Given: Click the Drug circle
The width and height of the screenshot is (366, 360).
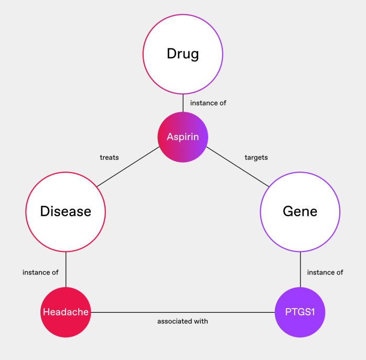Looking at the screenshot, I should pos(182,54).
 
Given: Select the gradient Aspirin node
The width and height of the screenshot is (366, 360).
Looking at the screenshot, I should pos(182,137).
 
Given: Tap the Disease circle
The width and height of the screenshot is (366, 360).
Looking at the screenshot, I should pos(66,211).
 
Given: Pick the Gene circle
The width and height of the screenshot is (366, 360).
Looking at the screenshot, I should pos(300,211).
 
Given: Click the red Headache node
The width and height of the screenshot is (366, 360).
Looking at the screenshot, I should pos(66,312).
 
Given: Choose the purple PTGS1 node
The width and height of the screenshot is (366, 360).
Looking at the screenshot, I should pos(300,312).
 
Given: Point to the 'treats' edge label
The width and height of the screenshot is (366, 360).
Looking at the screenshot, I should pos(109,157).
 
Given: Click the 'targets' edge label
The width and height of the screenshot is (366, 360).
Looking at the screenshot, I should pos(256,157).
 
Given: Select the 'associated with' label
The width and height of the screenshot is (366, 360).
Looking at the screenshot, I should pos(182,321).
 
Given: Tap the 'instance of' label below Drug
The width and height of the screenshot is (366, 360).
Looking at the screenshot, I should pos(208,103).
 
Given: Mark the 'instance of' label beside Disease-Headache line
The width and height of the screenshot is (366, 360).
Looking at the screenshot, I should pos(40,273).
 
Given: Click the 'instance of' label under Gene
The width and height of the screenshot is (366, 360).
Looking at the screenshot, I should pos(325,273).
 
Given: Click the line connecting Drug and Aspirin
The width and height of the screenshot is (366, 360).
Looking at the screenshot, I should pos(182,103).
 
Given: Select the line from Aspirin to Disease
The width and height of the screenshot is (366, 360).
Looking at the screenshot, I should pos(128,168).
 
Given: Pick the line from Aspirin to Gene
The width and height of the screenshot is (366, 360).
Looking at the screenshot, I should pos(237,168).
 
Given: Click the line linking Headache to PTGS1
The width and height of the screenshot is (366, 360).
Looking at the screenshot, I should pos(182,312).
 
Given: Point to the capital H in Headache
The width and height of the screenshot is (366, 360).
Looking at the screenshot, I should pos(46,313).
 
